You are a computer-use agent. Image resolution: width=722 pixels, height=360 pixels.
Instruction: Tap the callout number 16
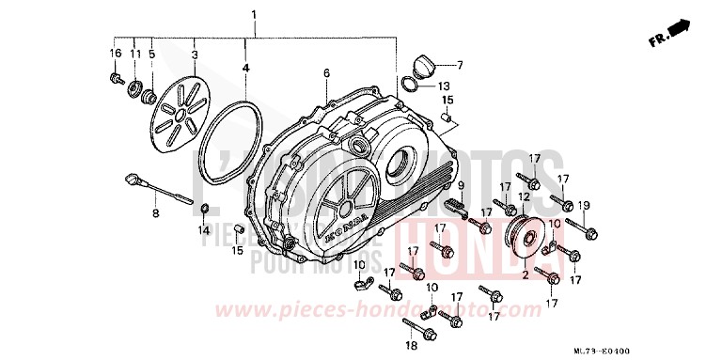pos(116,53)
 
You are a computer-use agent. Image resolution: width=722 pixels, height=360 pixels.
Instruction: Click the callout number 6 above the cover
pos(325,72)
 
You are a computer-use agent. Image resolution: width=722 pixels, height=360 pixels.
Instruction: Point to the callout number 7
pos(461,65)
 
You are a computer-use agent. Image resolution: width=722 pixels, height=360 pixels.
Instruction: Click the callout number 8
pos(156,214)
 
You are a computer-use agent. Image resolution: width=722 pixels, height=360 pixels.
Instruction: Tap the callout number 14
pos(204,229)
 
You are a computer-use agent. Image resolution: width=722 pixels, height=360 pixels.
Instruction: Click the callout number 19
pos(583,205)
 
